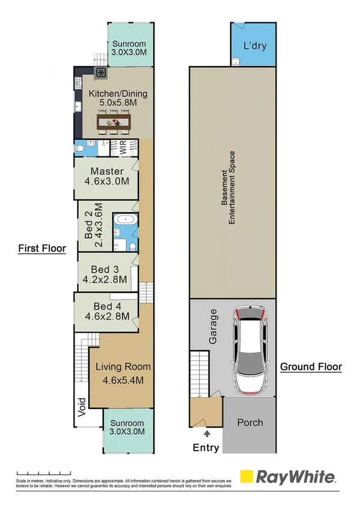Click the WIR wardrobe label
coord(123,149)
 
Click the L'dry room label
coord(255,46)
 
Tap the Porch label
coord(250,422)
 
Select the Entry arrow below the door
coord(207,432)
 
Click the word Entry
coord(206,447)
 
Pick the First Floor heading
coord(41,248)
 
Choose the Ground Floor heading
coord(311,366)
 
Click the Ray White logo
coord(288,477)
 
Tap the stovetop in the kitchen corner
coord(101,73)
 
